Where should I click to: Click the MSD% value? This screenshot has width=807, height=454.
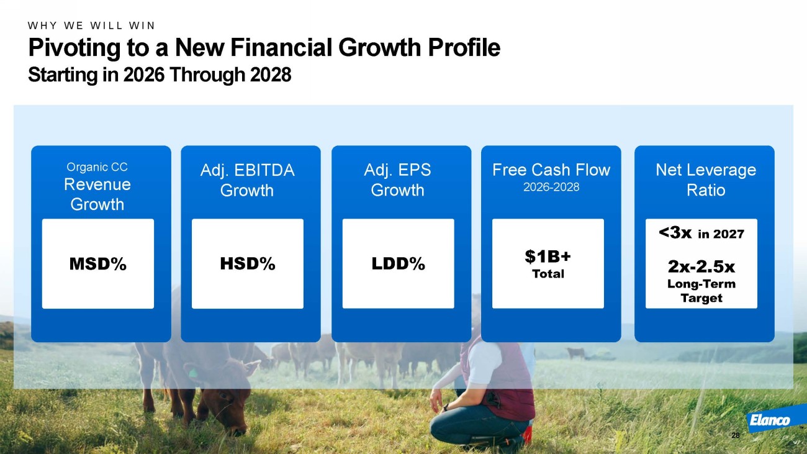[x=97, y=264]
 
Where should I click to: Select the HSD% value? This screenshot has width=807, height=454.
[x=248, y=264]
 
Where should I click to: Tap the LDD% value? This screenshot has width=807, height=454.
[x=398, y=264]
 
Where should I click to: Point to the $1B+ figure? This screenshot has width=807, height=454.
[x=548, y=257]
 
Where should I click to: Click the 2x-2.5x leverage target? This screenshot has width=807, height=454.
[x=701, y=266]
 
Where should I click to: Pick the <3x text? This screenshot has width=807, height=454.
[x=675, y=233]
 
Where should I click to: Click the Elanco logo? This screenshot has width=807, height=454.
[x=770, y=420]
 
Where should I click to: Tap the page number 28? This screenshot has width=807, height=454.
[x=736, y=435]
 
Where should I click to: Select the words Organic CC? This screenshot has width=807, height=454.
[x=97, y=167]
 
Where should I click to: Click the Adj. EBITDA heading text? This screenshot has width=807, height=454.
[x=248, y=170]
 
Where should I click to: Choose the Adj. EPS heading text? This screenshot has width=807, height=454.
[x=397, y=170]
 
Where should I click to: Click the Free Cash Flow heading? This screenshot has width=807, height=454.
[x=551, y=170]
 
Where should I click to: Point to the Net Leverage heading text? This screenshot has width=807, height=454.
[x=706, y=170]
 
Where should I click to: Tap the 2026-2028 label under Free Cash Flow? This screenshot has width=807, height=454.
[x=551, y=187]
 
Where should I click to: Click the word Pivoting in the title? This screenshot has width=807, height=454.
[x=74, y=48]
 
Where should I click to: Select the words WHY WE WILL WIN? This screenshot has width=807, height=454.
[x=91, y=25]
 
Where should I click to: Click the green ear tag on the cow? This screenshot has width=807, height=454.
[x=193, y=373]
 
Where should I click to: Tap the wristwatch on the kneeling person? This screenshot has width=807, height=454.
[x=446, y=407]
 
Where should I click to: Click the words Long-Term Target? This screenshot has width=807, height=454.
[x=701, y=291]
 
